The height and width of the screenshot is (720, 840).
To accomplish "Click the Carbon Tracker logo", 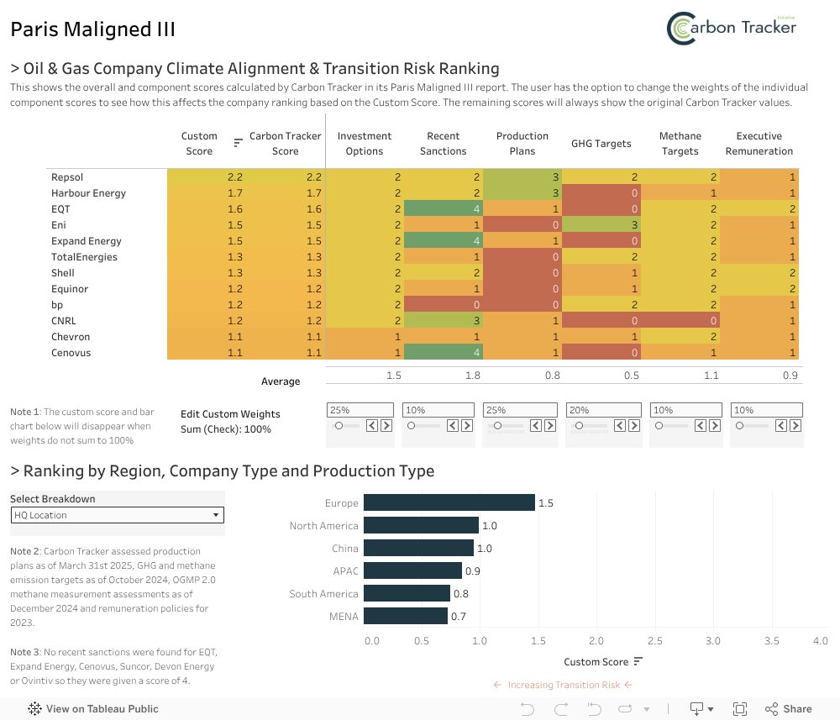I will (732, 28).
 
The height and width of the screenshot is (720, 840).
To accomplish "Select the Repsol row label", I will (67, 177).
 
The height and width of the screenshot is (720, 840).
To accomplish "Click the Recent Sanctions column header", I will (443, 144).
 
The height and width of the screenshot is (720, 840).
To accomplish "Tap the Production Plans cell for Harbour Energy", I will (522, 193).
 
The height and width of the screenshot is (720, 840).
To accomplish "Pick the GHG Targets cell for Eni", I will (601, 225).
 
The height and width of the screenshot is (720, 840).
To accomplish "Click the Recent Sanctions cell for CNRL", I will (443, 321).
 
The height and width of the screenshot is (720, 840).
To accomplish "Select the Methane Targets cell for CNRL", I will (680, 321).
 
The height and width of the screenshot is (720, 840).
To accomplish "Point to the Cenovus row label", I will (71, 353).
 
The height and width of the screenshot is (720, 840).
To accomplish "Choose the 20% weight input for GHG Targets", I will (601, 410).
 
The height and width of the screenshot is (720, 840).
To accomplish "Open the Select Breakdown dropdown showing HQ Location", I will (118, 515).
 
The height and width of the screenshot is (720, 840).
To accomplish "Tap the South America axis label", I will (323, 594).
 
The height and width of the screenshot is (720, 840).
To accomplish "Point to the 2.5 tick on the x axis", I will (654, 641).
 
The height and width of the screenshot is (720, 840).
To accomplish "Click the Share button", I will (789, 709).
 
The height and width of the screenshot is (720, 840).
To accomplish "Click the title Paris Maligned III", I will (93, 29).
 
